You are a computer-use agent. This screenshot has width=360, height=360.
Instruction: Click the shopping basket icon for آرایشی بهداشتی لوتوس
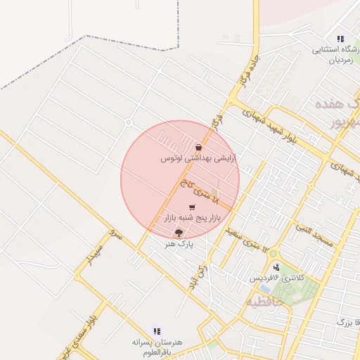point(199,148)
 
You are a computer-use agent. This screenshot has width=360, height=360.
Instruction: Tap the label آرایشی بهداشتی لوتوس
point(198,160)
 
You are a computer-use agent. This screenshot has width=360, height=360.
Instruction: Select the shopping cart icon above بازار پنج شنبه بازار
point(193,207)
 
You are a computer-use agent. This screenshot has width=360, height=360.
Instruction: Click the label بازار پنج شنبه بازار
point(193,219)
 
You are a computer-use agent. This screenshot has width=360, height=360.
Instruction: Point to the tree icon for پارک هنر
point(179,232)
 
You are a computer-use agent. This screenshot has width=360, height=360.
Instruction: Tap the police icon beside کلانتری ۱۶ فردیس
point(276,267)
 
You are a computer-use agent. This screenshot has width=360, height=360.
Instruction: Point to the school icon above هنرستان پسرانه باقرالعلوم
point(157,330)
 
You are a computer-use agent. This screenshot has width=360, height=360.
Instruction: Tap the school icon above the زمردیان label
point(340,39)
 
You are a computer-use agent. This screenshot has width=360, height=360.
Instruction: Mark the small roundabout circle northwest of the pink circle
point(128,122)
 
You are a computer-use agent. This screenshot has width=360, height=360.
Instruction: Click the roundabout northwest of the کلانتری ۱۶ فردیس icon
point(273,254)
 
